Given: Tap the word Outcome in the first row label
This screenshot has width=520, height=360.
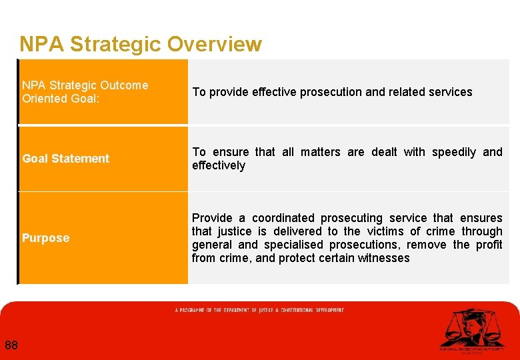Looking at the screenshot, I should pyautogui.click(x=125, y=85).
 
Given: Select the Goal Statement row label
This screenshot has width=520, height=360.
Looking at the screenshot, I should pyautogui.click(x=65, y=159).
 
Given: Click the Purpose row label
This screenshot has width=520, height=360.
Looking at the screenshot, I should pyautogui.click(x=45, y=238).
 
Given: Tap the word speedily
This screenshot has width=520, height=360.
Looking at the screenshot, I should pyautogui.click(x=454, y=152).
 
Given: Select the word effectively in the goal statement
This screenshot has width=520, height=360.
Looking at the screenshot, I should pyautogui.click(x=219, y=165).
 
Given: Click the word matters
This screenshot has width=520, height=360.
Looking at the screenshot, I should pyautogui.click(x=323, y=152).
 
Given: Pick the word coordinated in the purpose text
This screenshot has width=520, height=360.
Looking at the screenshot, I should pyautogui.click(x=283, y=218).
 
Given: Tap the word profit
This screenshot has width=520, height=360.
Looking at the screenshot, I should pyautogui.click(x=489, y=245).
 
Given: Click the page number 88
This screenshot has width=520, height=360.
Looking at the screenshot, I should pyautogui.click(x=11, y=345).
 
